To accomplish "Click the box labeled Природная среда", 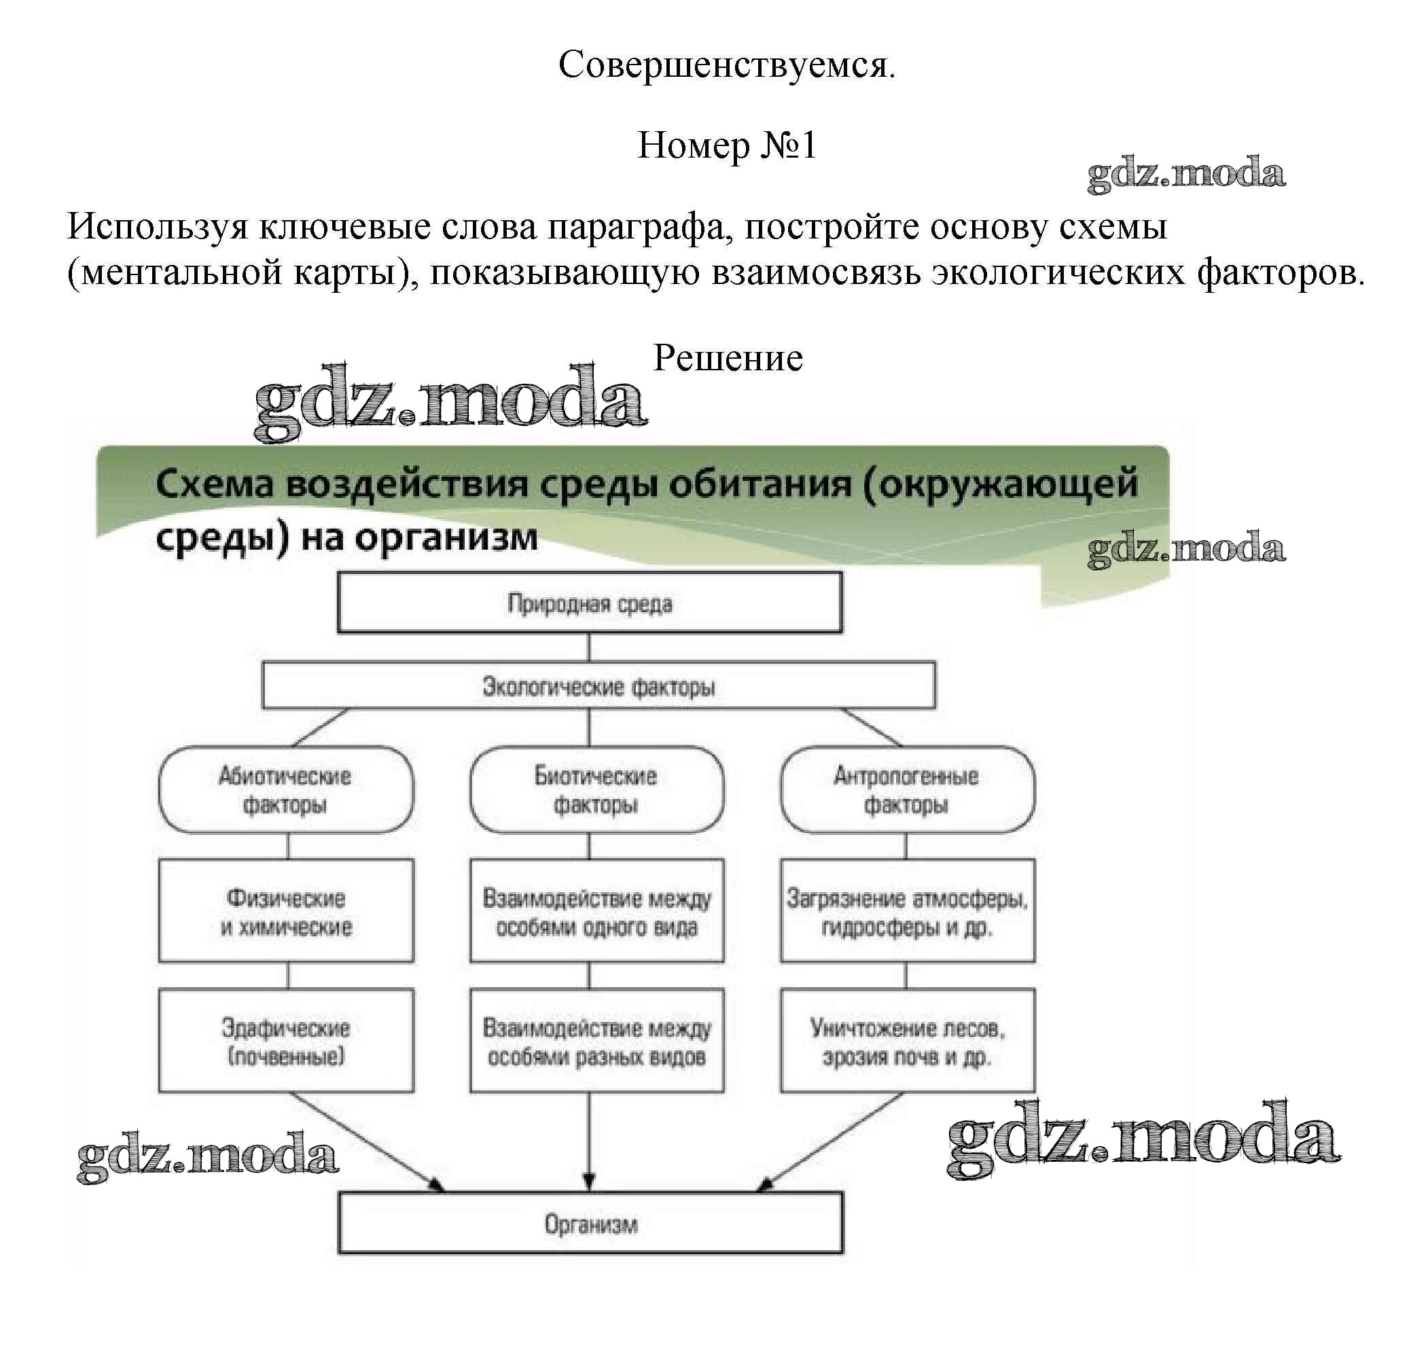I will point(589,602).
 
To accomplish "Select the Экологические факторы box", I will point(599,686).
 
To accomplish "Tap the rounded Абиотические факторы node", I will point(285,789).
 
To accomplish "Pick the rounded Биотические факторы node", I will point(596,789).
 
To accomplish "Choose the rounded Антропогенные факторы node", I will point(907,789).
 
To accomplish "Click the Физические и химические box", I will point(285,910).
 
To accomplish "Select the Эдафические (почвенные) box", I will point(285,1040).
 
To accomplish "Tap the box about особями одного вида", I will point(596,910).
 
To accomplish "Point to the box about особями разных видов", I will point(596,1040).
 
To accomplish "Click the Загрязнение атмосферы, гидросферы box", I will point(907,910).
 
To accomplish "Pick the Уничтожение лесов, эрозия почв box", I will point(907,1040).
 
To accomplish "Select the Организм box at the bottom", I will point(590,1224).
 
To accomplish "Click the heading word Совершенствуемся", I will point(726,65).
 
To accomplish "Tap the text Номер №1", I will point(726,145).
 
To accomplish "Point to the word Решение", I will point(727,357).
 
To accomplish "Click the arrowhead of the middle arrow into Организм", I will point(589,1181).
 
